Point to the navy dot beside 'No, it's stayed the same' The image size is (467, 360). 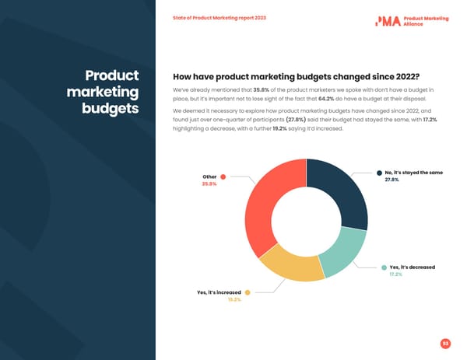click(x=378, y=172)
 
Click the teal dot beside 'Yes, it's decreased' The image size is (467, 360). click(x=384, y=267)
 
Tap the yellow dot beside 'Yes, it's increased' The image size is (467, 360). click(x=248, y=292)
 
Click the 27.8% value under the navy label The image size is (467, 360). click(x=392, y=180)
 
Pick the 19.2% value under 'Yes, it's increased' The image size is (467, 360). click(x=233, y=300)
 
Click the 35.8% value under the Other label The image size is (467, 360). click(x=209, y=184)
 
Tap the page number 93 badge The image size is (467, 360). click(x=446, y=343)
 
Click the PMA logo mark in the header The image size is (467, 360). click(x=388, y=21)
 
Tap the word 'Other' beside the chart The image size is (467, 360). click(x=209, y=177)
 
